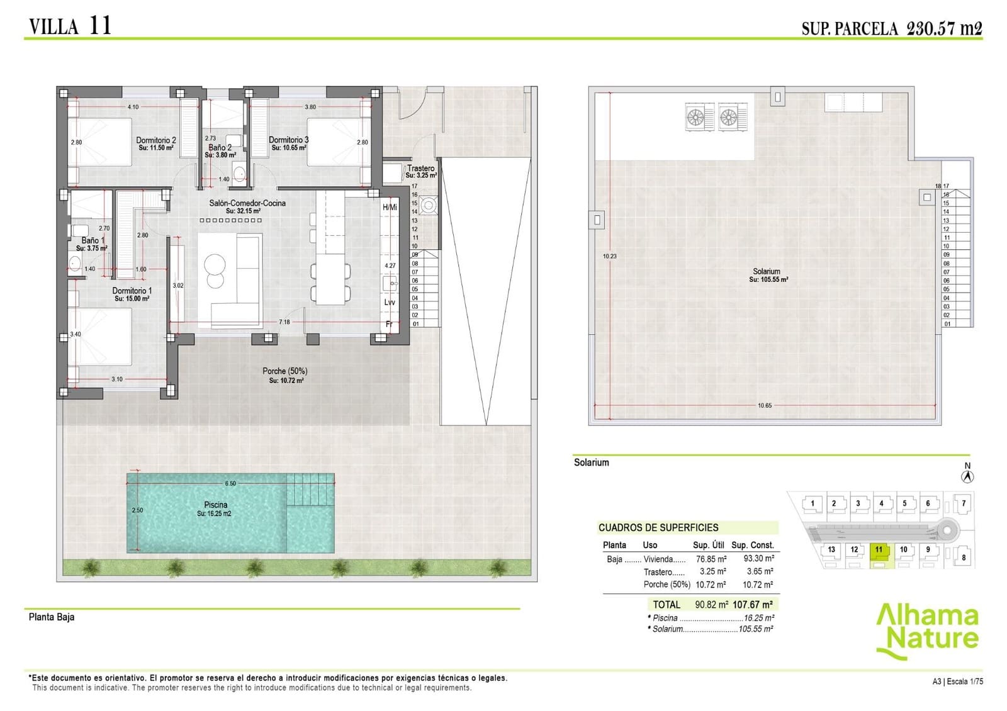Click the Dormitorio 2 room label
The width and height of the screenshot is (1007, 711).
tap(156, 140)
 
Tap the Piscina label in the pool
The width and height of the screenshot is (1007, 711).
tap(215, 505)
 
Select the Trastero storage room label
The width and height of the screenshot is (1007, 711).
tap(420, 168)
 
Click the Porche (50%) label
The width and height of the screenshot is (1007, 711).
tap(285, 371)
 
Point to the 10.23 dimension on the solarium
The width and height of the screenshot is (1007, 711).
tap(609, 256)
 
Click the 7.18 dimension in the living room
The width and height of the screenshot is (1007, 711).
tap(284, 322)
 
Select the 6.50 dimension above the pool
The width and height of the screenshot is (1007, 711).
tap(230, 483)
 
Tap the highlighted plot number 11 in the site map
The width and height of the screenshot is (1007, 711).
tap(879, 549)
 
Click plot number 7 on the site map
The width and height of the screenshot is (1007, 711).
tap(963, 503)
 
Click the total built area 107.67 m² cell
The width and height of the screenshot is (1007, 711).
tap(753, 604)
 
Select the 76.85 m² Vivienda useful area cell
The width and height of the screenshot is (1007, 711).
tap(711, 559)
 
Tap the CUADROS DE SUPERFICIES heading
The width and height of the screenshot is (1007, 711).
tap(658, 527)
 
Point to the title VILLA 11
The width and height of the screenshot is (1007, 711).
tap(70, 26)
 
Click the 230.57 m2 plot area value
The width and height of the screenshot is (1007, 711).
tap(943, 28)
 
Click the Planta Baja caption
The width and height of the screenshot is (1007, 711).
tap(52, 617)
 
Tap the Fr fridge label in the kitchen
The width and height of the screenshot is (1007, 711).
tap(389, 324)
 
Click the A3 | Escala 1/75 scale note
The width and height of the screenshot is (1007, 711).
tap(957, 681)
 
